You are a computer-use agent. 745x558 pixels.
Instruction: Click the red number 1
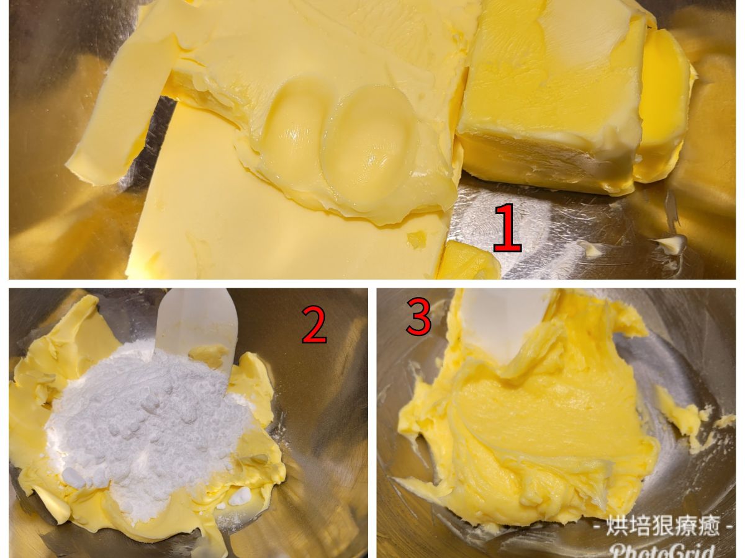point(507,228)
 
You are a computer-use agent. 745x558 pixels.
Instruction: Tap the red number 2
point(314,324)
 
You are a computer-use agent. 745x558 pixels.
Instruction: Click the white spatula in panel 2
point(197,325)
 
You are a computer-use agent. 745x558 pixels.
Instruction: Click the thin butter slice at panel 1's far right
point(664,108)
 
